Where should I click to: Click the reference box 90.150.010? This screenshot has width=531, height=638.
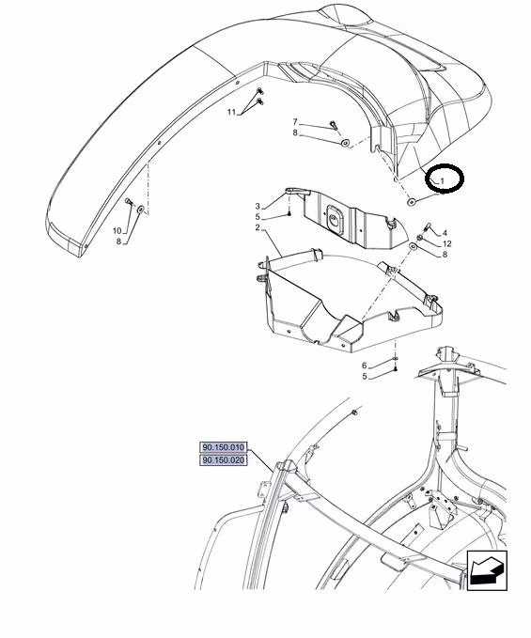pyautogui.click(x=224, y=447)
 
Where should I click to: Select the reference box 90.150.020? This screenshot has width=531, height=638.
pyautogui.click(x=224, y=460)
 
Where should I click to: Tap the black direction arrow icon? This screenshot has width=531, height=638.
pyautogui.click(x=487, y=570)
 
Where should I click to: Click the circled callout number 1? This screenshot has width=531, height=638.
pyautogui.click(x=443, y=179)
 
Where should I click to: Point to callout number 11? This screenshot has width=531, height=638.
pyautogui.click(x=231, y=112)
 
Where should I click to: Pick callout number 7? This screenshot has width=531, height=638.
pyautogui.click(x=295, y=121)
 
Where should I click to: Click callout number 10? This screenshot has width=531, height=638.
pyautogui.click(x=117, y=231)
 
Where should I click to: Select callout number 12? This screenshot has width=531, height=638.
pyautogui.click(x=446, y=243)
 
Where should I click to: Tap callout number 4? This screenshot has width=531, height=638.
pyautogui.click(x=445, y=233)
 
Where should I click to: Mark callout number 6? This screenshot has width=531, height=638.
pyautogui.click(x=365, y=366)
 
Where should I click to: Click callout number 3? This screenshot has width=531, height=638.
pyautogui.click(x=258, y=207)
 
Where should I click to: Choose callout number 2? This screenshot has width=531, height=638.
pyautogui.click(x=258, y=227)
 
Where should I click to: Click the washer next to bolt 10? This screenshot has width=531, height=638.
pyautogui.click(x=140, y=210)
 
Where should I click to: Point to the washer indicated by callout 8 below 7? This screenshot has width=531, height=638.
pyautogui.click(x=345, y=143)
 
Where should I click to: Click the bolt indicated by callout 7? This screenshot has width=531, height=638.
pyautogui.click(x=334, y=125)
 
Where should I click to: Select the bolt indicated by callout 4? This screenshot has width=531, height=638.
pyautogui.click(x=428, y=226)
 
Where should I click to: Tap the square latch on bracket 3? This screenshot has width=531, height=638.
pyautogui.click(x=335, y=219)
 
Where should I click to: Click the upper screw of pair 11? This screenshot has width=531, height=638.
pyautogui.click(x=259, y=91)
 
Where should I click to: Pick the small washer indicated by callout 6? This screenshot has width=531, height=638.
pyautogui.click(x=396, y=358)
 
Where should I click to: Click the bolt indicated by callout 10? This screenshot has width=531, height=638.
pyautogui.click(x=129, y=201)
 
